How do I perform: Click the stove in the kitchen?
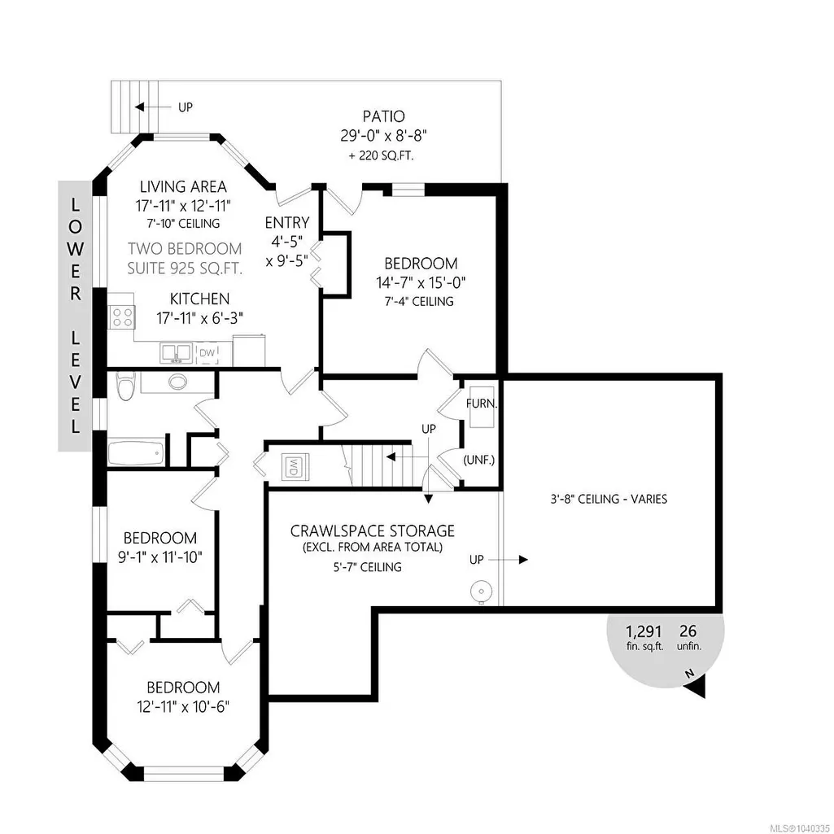tap(122, 317)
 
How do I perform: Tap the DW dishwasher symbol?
tap(207, 352)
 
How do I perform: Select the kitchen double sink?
tap(176, 352)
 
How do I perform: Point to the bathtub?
tap(135, 453)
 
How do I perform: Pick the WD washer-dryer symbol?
tap(293, 466)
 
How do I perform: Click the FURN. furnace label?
tap(482, 404)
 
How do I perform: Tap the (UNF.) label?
tap(479, 460)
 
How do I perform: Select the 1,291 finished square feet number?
tap(644, 631)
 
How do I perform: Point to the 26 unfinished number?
tap(688, 631)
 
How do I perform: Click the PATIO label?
tap(383, 116)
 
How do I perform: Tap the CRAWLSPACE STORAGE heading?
tap(373, 531)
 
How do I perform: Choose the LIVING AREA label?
tap(184, 186)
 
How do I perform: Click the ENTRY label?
tap(287, 222)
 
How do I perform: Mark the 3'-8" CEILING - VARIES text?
tap(609, 499)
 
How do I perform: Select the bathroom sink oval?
tap(177, 382)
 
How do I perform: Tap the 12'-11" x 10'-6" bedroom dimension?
tap(183, 707)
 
